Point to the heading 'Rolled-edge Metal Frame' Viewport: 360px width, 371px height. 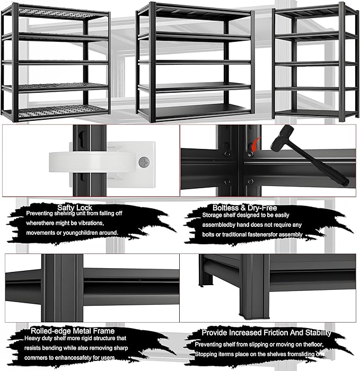[73, 331]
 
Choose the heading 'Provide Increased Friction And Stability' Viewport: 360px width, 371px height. [266, 333]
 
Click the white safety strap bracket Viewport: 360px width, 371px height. [101, 161]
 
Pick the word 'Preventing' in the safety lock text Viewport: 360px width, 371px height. [43, 214]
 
